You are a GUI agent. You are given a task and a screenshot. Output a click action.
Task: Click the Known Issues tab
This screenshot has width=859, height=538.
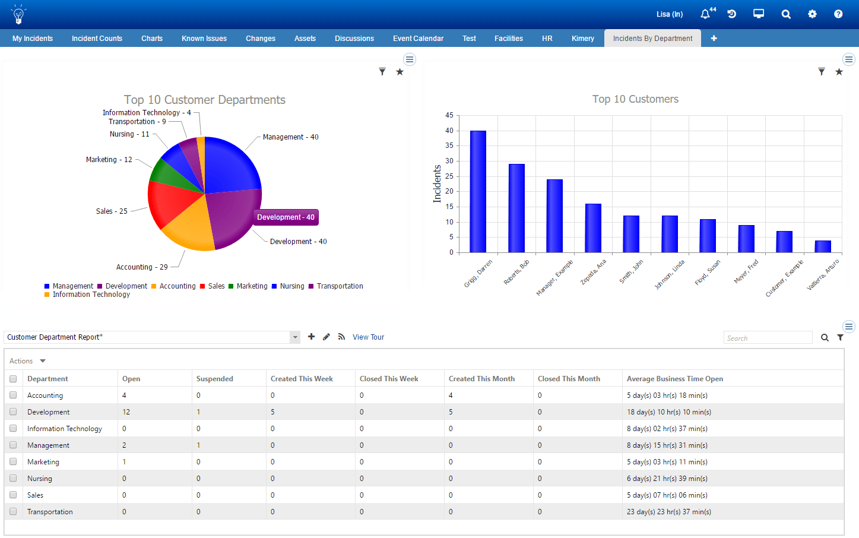[x=204, y=39]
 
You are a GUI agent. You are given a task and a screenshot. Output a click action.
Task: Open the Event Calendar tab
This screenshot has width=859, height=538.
[x=418, y=39]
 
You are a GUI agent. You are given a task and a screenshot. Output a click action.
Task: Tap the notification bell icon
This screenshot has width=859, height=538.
[x=705, y=14]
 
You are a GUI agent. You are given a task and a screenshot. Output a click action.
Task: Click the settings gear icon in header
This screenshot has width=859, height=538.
[x=812, y=14]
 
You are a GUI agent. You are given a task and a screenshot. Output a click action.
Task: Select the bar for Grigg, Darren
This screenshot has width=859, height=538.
[x=478, y=192]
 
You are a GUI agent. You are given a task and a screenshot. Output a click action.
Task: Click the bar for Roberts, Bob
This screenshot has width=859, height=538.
[x=516, y=208]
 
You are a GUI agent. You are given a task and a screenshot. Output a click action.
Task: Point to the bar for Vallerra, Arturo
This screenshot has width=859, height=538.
[x=823, y=246]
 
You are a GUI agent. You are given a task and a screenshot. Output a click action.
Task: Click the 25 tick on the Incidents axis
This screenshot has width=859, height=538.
[x=449, y=176]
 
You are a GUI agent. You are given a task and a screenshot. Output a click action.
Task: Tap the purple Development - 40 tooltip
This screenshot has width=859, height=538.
[x=286, y=217]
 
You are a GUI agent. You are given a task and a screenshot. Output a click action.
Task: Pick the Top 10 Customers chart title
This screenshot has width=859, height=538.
[x=635, y=99]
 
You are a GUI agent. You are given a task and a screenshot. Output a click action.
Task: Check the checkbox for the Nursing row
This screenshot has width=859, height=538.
[x=13, y=478]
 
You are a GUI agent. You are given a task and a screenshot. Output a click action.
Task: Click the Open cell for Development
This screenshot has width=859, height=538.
[x=126, y=412]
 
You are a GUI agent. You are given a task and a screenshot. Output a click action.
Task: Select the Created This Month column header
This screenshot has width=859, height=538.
[x=481, y=379]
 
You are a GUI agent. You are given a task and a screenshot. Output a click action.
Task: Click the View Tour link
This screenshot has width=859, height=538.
[x=368, y=337]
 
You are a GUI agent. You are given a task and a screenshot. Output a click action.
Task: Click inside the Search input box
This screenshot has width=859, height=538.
[x=768, y=338]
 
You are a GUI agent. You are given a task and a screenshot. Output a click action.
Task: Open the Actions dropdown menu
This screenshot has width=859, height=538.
[x=27, y=361]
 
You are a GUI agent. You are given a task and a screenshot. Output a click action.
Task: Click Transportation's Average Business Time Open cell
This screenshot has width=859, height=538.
[x=669, y=512]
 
